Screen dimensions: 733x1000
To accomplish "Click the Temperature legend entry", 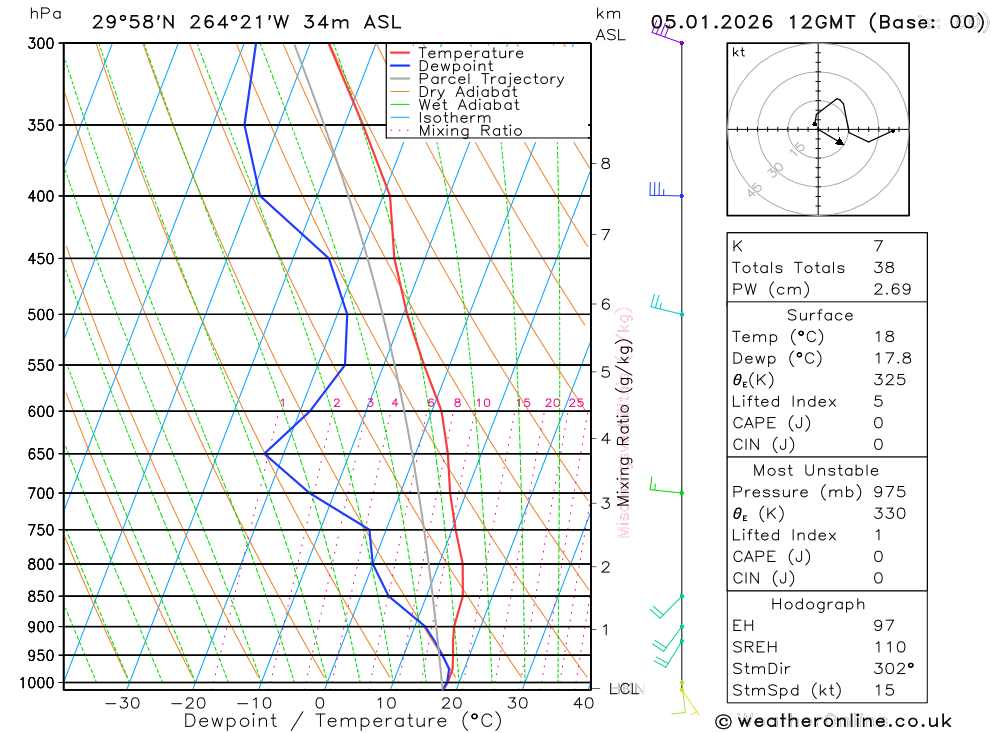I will [x=470, y=53].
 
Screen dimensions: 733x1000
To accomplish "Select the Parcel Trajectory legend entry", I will [x=491, y=79].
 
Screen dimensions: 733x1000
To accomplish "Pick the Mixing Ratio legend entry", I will [x=470, y=131].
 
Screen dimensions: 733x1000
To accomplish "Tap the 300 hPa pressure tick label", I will [x=41, y=44].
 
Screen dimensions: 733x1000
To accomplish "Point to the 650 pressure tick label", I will [x=41, y=454].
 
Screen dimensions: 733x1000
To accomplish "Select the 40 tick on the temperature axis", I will [x=583, y=703].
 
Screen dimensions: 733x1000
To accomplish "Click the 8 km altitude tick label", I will [x=605, y=163].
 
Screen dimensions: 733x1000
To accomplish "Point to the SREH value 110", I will [x=889, y=647].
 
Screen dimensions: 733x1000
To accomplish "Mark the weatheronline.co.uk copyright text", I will [x=833, y=721].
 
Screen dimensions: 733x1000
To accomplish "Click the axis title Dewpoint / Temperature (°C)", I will [x=342, y=721].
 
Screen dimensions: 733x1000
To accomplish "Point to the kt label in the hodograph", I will [x=739, y=52].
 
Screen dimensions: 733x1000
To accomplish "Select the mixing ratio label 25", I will [x=576, y=403].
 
